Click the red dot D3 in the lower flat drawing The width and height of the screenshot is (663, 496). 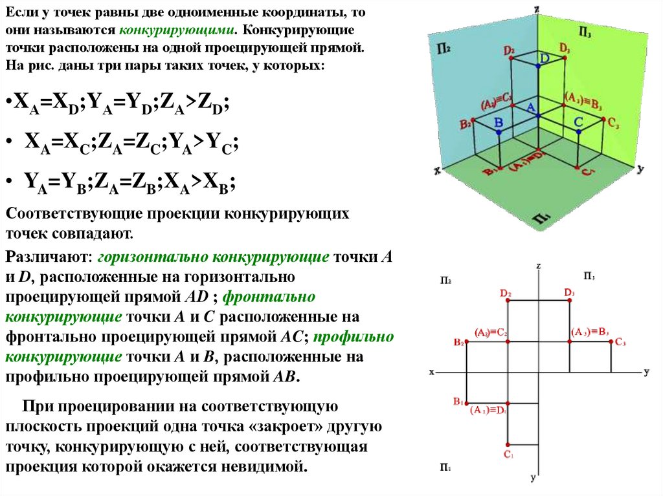569,300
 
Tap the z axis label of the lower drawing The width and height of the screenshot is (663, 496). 539,266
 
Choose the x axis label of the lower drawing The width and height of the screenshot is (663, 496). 432,372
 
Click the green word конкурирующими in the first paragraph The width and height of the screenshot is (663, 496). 175,30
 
